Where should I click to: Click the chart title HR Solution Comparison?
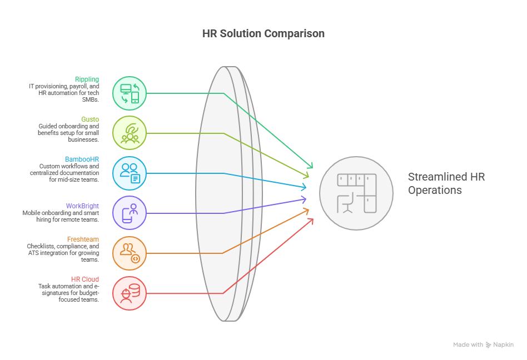pos(263,33)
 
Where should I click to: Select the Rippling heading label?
pos(87,79)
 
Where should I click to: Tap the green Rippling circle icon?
pos(130,93)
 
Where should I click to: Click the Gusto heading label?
pos(90,119)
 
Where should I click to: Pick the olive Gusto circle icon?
pos(130,133)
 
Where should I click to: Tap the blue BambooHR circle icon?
pos(130,173)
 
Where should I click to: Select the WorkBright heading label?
pos(82,206)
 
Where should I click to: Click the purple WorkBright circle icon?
pos(130,213)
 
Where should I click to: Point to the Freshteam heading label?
pos(83,239)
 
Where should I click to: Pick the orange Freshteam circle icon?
pos(130,253)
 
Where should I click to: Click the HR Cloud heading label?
pos(85,279)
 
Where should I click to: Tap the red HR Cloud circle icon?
pos(130,293)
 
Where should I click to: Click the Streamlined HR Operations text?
pos(447,183)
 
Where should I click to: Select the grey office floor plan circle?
pos(356,193)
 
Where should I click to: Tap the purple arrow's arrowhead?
pos(304,199)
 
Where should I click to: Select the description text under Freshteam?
pos(63,253)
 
